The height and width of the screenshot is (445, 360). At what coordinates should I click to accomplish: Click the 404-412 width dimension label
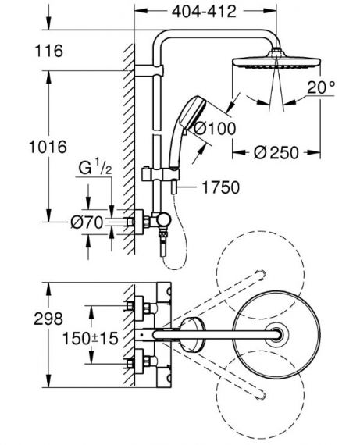tap(204, 12)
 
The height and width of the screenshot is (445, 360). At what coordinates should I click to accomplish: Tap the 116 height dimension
tap(48, 51)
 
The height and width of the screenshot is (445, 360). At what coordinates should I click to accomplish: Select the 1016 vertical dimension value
tap(48, 147)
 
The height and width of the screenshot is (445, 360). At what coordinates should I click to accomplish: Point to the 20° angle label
tap(321, 87)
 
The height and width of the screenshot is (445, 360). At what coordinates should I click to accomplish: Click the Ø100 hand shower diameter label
tap(214, 129)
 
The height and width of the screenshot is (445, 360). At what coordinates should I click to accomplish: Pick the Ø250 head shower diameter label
tap(276, 153)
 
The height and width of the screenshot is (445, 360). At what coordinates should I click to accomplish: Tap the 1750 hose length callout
tap(220, 187)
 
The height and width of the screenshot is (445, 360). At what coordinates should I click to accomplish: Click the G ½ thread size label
tap(94, 167)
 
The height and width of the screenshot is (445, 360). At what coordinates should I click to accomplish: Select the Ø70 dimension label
tap(87, 222)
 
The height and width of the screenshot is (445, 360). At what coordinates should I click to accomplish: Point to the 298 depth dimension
tap(48, 319)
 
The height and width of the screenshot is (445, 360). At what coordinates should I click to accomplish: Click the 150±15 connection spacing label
tap(90, 338)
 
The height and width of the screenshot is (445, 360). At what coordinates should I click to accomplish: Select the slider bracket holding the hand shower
tap(160, 173)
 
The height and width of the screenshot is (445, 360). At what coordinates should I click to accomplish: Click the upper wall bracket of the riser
tap(149, 70)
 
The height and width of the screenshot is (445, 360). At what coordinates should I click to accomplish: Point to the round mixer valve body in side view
tap(164, 220)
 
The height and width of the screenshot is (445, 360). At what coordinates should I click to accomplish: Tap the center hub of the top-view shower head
tap(276, 334)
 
